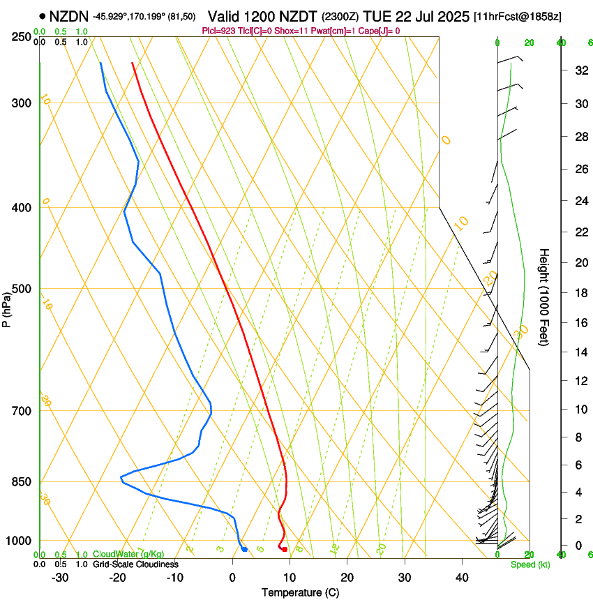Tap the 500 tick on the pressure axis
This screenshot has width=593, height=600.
tap(21, 289)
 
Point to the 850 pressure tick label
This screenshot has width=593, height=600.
tap(21, 482)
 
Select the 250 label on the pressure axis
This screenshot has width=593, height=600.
tap(21, 36)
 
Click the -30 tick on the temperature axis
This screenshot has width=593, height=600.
tap(60, 577)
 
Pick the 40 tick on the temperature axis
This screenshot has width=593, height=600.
tap(461, 577)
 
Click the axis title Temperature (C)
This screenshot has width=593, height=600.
tap(300, 592)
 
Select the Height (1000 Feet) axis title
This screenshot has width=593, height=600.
tap(544, 297)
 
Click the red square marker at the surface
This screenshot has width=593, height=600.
tap(285, 550)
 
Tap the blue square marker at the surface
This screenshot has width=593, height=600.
tap(244, 550)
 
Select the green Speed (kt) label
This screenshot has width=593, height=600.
tap(530, 564)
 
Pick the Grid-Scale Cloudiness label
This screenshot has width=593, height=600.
tap(135, 564)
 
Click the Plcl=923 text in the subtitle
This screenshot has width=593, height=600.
tap(218, 31)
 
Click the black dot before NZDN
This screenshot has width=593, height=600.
tap(43, 15)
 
